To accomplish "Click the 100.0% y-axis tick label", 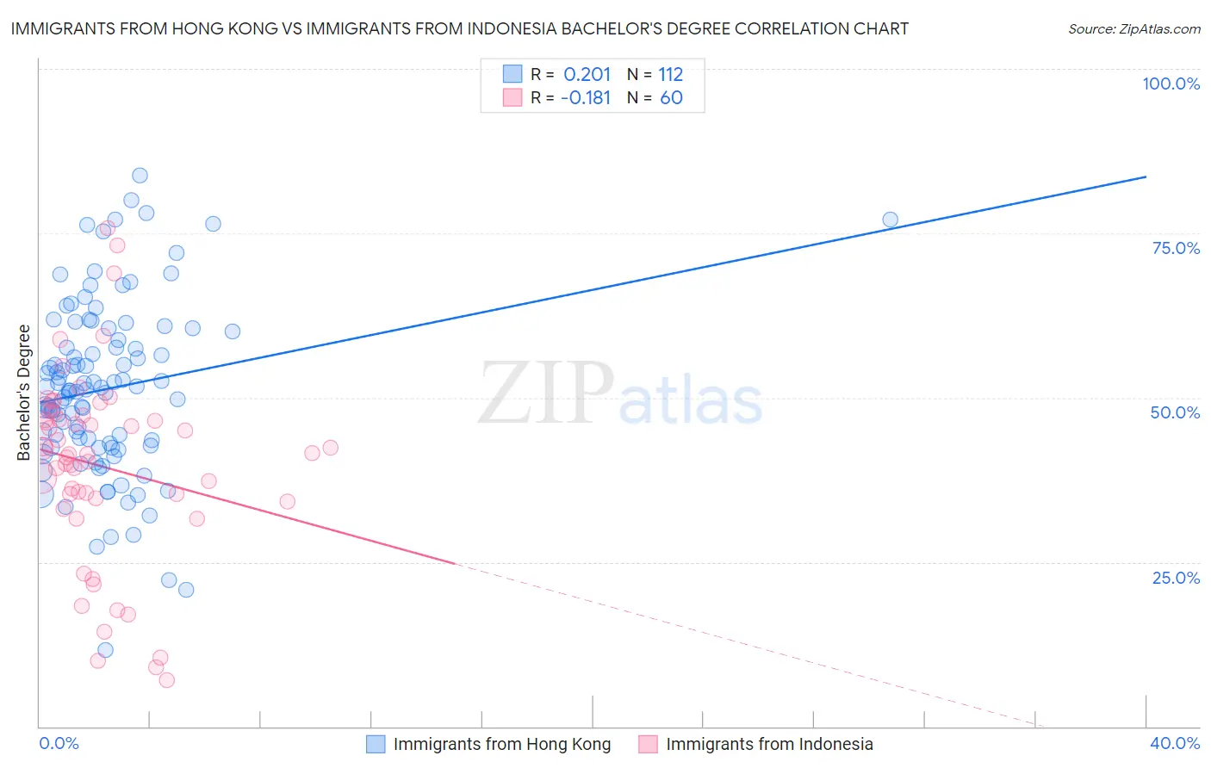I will (1171, 84).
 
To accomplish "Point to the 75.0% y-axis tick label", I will (1176, 248).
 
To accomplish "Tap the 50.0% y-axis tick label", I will (1175, 412).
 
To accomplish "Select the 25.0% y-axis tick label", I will (1176, 577).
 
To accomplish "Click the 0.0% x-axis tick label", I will (59, 743).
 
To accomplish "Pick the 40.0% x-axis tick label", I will (1175, 743).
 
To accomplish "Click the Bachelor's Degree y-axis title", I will (23, 393).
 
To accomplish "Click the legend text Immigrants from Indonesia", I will (769, 744).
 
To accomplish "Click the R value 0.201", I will (587, 74).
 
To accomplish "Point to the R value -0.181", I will (585, 97).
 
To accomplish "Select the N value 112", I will (670, 74).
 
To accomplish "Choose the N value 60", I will (671, 97).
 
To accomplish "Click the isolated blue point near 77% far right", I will (890, 220).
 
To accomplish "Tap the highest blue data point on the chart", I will (140, 176).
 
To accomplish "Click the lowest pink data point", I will (167, 680).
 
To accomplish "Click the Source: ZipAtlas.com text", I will (1133, 29).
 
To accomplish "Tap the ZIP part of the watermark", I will (546, 393).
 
